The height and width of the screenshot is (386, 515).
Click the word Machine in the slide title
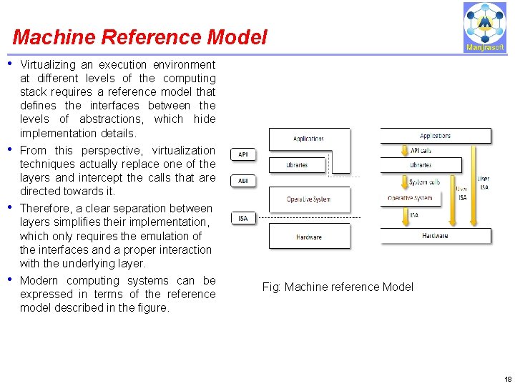47,37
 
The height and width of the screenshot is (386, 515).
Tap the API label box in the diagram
243,154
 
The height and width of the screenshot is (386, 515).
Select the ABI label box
243,181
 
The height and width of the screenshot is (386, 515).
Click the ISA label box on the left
243,218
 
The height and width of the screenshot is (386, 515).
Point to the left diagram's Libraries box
298,165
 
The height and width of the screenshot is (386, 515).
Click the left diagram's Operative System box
309,199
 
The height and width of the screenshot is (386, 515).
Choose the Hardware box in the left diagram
309,236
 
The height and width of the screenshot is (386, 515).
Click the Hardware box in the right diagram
435,236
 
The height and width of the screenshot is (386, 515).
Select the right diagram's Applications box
435,136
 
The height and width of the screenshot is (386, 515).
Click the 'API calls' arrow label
421,151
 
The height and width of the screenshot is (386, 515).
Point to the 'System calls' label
424,182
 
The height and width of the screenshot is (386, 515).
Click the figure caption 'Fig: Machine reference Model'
338,287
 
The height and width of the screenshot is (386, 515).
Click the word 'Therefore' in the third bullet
45,209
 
